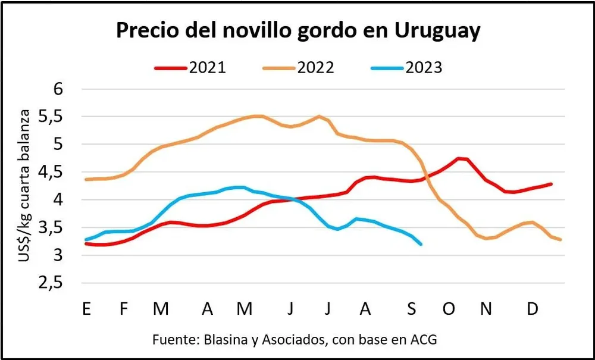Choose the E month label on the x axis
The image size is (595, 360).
(87, 309)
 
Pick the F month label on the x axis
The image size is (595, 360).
(124, 309)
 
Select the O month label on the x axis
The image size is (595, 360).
(449, 309)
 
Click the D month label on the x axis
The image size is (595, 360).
(534, 309)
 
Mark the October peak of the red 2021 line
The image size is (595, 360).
(461, 158)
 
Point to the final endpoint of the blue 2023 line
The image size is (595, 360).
(421, 244)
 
